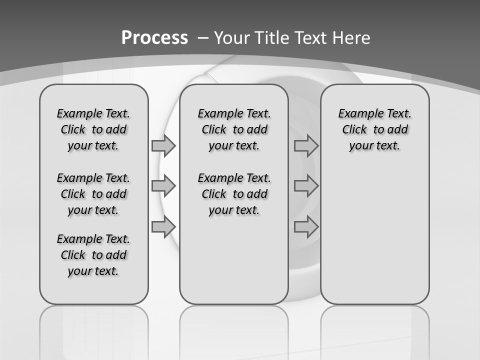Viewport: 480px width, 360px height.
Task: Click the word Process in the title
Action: tap(154, 37)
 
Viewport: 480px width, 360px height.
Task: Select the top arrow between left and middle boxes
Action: tap(163, 145)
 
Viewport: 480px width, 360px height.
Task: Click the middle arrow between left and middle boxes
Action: tap(163, 186)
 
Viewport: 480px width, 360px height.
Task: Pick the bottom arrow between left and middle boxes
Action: tap(163, 227)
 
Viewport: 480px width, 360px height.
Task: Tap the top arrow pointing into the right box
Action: tap(306, 146)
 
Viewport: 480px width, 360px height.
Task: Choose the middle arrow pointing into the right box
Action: tap(306, 186)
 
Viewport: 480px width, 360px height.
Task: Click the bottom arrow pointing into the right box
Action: tap(306, 227)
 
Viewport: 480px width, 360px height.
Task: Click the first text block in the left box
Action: tap(93, 129)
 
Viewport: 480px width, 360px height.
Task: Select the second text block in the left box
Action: tap(93, 194)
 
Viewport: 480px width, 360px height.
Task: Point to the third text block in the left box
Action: tap(93, 255)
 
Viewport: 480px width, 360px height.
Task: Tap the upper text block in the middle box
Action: tap(234, 129)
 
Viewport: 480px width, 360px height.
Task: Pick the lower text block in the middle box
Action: tap(234, 194)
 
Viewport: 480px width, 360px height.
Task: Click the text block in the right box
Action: tap(375, 129)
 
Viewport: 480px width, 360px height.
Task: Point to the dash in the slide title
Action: tap(203, 38)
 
